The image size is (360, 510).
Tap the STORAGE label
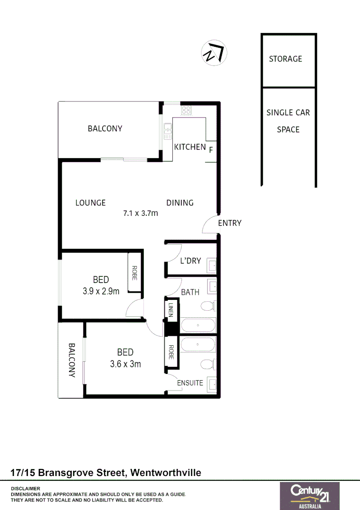tap(285, 59)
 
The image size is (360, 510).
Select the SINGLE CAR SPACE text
tap(288, 121)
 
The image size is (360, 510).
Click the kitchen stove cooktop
tap(186, 110)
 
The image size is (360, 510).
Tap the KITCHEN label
tap(190, 147)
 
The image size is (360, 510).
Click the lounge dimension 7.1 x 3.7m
tap(141, 213)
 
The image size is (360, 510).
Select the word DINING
tap(180, 203)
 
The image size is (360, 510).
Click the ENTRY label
tap(230, 223)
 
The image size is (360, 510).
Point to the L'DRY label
tap(191, 260)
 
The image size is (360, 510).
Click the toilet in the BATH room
tap(208, 307)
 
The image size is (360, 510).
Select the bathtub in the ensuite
tap(198, 346)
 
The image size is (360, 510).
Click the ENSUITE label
tap(190, 383)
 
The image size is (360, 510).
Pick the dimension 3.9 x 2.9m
tap(101, 291)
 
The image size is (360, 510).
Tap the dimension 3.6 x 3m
tap(126, 364)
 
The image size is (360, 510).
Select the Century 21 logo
tap(310, 495)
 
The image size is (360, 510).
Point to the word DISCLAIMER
tap(25, 488)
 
